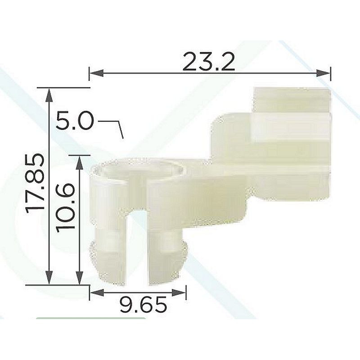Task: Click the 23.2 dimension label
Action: pos(208,62)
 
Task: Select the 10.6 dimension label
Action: pos(65,208)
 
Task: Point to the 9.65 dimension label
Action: pos(143,305)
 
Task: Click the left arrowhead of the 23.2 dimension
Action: pos(96,73)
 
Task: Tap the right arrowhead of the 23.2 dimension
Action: pos(324,73)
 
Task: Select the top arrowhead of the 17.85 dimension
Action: pos(49,95)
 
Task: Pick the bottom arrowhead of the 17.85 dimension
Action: pos(49,278)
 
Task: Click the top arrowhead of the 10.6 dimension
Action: pos(79,163)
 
